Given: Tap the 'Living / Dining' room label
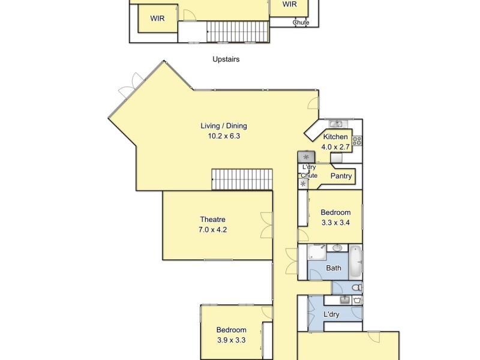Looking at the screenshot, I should (224, 126).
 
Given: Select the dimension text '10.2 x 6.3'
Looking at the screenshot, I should (224, 136).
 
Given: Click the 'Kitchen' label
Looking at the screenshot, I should (335, 137).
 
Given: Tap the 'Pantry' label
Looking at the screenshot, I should (341, 176).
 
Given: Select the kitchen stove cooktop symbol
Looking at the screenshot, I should (356, 141).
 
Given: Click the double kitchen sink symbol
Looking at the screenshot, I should (336, 124).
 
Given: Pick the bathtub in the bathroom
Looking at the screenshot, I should (355, 257).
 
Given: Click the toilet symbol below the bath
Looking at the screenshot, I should (356, 288).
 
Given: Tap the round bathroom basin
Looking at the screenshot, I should (337, 247).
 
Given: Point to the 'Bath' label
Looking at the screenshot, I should (334, 268).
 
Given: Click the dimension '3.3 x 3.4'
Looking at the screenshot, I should (335, 222).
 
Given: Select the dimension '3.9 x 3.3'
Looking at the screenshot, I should (232, 340).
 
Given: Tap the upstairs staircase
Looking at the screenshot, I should (236, 31).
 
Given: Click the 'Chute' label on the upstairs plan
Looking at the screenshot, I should (301, 23).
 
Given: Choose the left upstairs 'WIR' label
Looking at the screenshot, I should (158, 19).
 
